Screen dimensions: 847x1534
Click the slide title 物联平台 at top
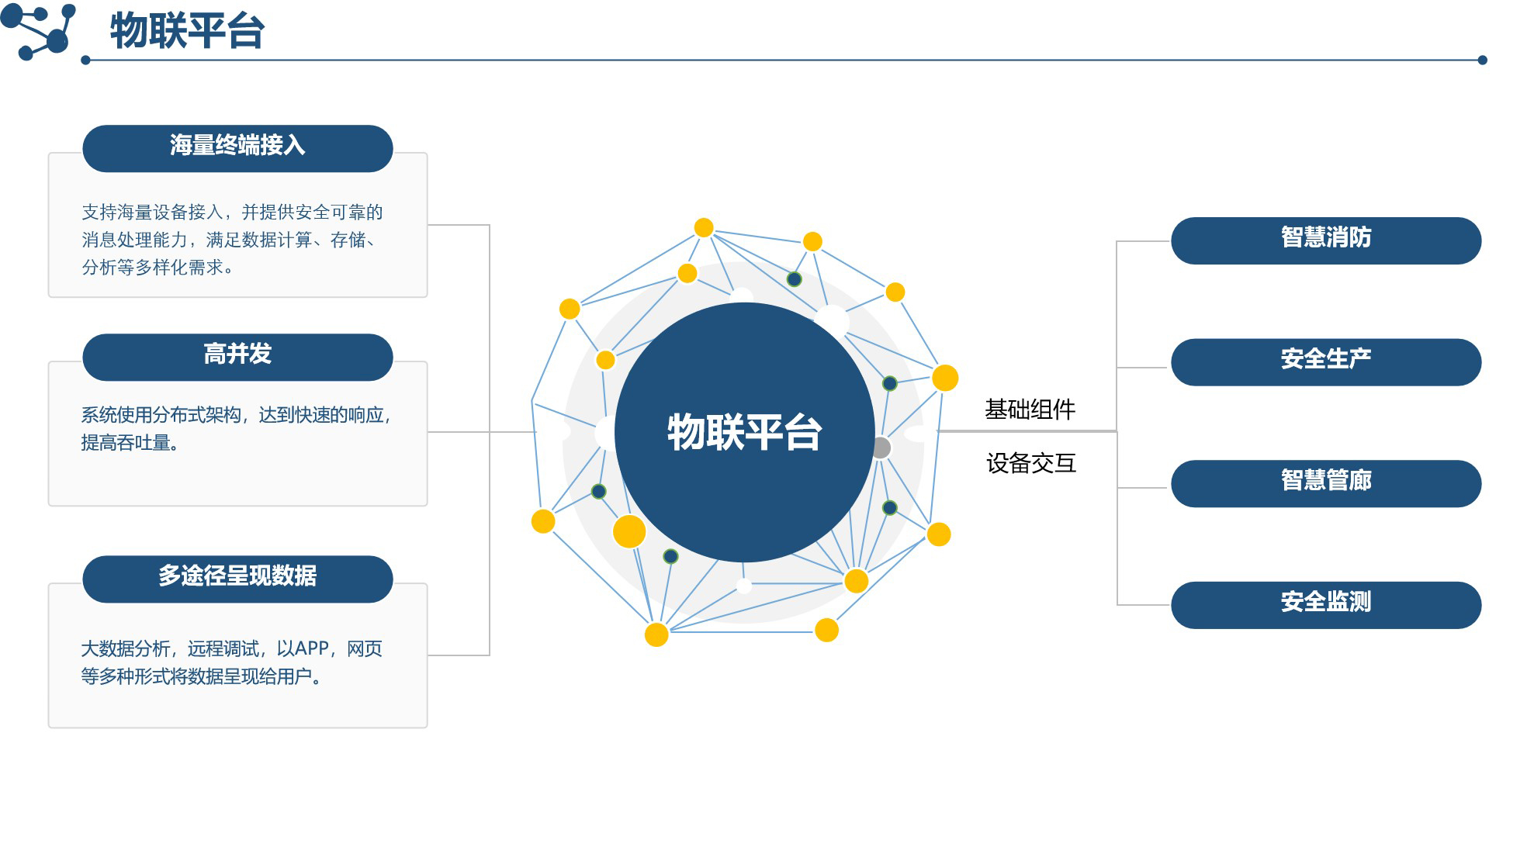coord(187,31)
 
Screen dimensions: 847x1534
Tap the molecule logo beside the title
coord(39,31)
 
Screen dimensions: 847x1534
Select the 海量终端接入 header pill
coord(237,147)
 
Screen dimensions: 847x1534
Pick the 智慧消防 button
coord(1325,240)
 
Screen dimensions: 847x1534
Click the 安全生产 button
coord(1325,361)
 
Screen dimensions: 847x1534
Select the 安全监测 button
coord(1325,604)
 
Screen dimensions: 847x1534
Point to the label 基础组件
coord(1030,410)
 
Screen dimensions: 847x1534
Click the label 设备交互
coord(1030,464)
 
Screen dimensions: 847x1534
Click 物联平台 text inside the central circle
coord(744,433)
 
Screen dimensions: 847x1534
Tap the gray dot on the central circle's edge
coord(881,448)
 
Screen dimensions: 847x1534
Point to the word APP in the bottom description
coord(312,648)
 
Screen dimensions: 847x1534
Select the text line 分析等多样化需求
coord(157,268)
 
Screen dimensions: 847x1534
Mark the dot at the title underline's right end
coord(1482,60)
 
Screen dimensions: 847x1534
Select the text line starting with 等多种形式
coord(200,676)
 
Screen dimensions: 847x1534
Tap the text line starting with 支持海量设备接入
coord(232,213)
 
